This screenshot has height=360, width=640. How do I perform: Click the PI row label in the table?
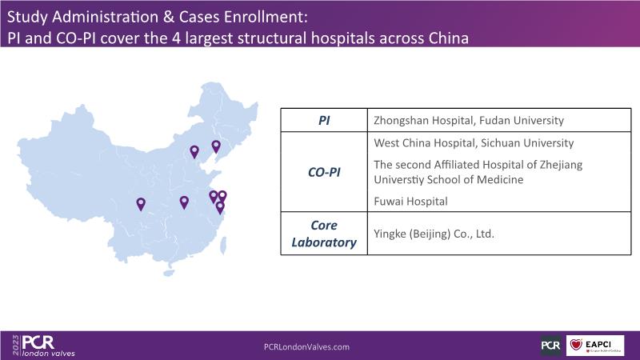pos(324,121)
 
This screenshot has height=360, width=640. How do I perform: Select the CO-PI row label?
pos(324,172)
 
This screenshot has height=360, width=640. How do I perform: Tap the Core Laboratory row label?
pos(324,234)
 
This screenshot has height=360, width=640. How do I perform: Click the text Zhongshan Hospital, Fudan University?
pos(469,121)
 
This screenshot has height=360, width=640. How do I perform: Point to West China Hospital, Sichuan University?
pos(474,143)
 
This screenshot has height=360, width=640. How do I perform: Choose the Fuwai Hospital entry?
pos(410,202)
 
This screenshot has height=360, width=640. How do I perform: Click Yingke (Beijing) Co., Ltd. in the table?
pos(434,234)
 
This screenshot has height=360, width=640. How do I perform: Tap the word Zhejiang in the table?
pos(561,165)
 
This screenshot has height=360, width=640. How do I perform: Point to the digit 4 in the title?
pos(175,38)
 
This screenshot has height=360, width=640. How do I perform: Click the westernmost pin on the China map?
pos(141,204)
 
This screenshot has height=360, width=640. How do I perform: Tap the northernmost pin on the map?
pos(216,146)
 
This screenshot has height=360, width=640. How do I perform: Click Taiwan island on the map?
pos(223,246)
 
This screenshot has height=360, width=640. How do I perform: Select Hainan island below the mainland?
pos(168,273)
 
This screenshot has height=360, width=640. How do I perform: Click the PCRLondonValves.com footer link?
pos(306,347)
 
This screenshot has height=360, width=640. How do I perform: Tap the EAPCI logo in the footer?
pos(595,346)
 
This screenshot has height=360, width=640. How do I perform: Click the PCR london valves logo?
pos(48,346)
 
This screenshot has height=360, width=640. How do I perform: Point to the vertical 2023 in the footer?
pos(16,346)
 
